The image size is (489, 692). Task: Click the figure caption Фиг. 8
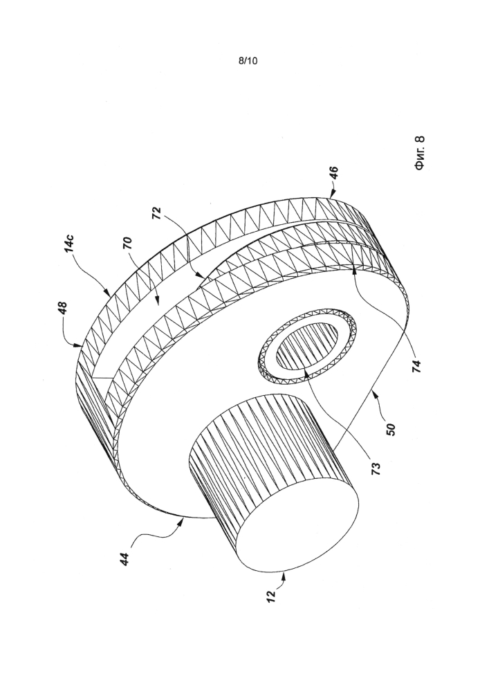click(x=419, y=153)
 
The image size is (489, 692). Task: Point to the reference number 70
click(x=129, y=244)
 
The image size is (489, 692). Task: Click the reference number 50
click(x=391, y=429)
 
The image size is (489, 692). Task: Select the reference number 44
click(x=126, y=560)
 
